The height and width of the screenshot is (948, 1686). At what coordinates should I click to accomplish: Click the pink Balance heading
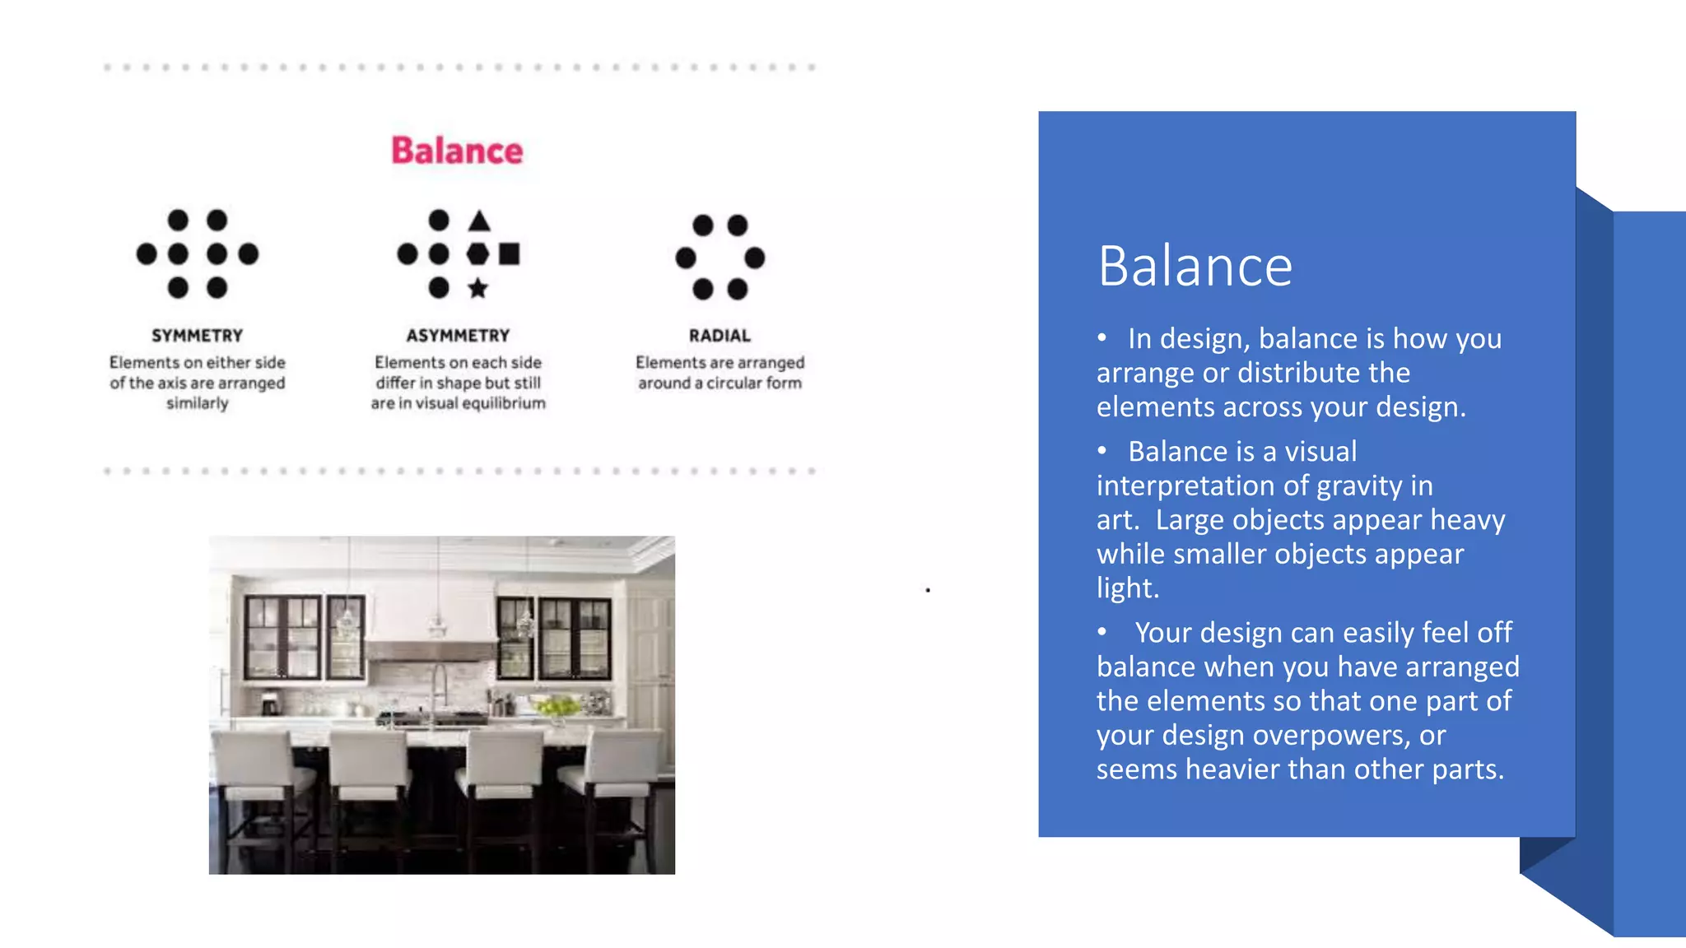457,151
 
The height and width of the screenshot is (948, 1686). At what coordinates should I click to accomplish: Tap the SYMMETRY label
197,336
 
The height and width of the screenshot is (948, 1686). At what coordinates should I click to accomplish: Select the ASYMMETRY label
458,336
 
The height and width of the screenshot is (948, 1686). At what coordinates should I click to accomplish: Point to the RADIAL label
720,336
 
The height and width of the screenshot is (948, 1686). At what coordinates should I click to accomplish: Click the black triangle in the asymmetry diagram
479,221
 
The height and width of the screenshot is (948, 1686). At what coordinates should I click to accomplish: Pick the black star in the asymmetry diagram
477,288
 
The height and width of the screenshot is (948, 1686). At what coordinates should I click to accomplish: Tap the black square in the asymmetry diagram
510,253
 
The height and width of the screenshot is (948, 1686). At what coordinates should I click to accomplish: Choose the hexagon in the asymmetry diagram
477,253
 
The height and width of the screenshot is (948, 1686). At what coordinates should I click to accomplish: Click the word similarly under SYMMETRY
197,403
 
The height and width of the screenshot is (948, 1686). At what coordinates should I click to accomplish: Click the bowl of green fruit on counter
557,705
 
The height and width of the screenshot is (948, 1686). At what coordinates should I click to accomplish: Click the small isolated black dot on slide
928,590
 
